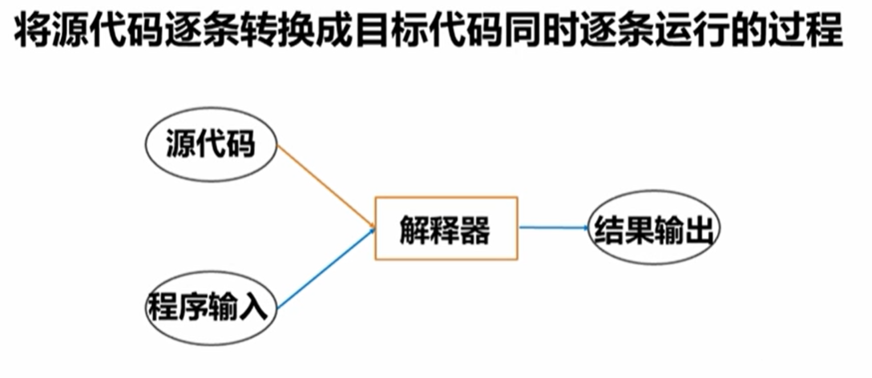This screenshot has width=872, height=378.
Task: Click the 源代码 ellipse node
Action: click(210, 147)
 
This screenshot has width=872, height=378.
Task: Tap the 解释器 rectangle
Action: click(446, 228)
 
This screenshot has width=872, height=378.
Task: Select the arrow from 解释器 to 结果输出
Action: click(553, 227)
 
